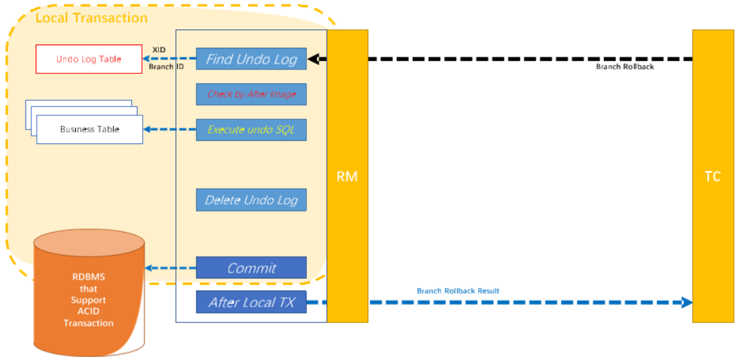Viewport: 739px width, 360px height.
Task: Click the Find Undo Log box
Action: pyautogui.click(x=251, y=59)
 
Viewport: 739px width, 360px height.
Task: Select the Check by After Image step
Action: pyautogui.click(x=251, y=94)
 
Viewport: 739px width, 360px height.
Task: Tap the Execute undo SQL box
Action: pyautogui.click(x=251, y=130)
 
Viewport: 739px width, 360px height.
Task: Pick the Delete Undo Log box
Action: pyautogui.click(x=251, y=200)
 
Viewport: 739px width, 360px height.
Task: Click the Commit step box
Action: pyautogui.click(x=251, y=268)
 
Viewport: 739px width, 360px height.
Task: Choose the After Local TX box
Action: pyautogui.click(x=251, y=303)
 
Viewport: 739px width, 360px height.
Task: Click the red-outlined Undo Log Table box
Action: pyautogui.click(x=89, y=59)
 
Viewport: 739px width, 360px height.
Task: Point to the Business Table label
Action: pyautogui.click(x=89, y=129)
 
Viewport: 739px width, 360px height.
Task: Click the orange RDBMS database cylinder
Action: pyautogui.click(x=89, y=293)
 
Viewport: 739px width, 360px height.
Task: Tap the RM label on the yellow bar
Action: pyautogui.click(x=347, y=176)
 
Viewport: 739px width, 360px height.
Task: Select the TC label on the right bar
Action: pyautogui.click(x=712, y=176)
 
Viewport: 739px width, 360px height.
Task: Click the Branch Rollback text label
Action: pyautogui.click(x=624, y=67)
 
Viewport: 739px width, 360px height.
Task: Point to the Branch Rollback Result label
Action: pyautogui.click(x=458, y=291)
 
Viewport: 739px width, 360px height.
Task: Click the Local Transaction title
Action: pyautogui.click(x=91, y=18)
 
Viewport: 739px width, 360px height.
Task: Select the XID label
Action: pyautogui.click(x=159, y=50)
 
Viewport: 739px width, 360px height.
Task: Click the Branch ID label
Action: pyautogui.click(x=166, y=67)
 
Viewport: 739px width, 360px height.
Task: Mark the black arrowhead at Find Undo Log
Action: pyautogui.click(x=313, y=59)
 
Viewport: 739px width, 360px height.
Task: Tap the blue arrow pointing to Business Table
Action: pyautogui.click(x=169, y=130)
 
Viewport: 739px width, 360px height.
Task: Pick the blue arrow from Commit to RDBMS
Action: pyautogui.click(x=170, y=268)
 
